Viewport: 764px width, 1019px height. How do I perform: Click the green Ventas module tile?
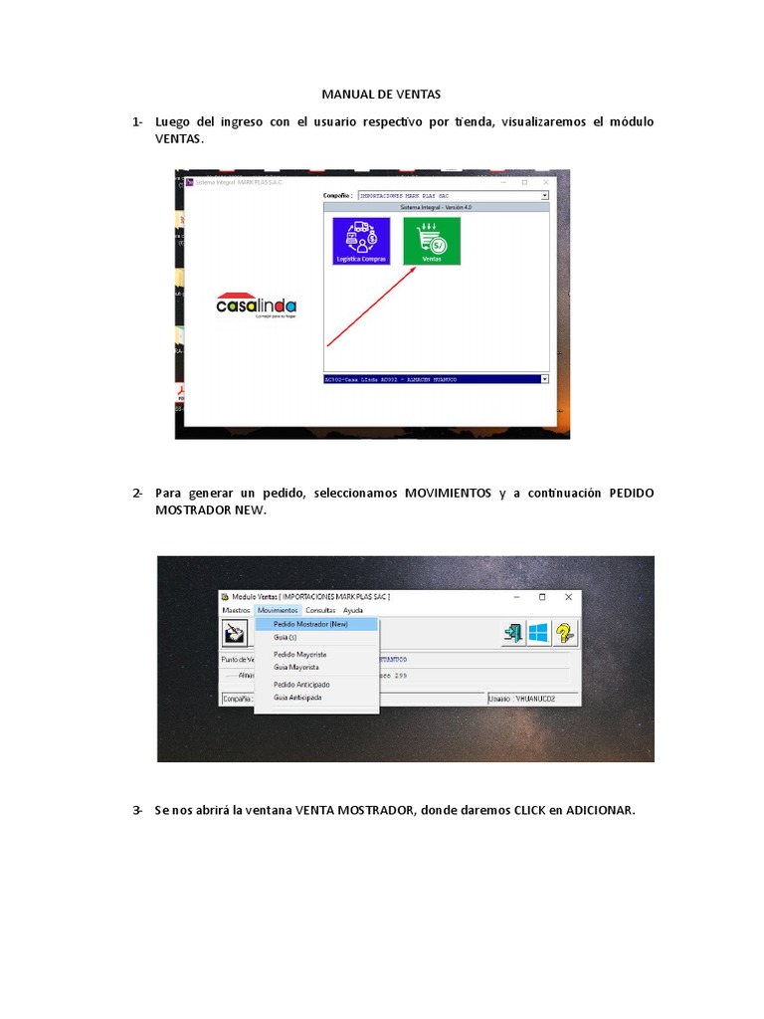tap(432, 241)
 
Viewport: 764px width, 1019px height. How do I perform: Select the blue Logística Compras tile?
tap(361, 241)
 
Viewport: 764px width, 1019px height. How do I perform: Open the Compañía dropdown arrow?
tap(545, 196)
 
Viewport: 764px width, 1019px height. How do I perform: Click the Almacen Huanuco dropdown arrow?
tap(545, 379)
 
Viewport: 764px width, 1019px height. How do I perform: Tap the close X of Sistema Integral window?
tap(546, 182)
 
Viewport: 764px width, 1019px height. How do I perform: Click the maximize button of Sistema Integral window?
tap(524, 182)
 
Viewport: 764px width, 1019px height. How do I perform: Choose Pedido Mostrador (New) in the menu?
tap(310, 624)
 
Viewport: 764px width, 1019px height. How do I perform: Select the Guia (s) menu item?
tap(286, 636)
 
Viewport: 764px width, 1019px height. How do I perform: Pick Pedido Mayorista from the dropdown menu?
tap(299, 654)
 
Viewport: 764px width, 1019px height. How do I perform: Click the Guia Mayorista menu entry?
tap(295, 667)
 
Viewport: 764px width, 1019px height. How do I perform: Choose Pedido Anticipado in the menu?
tap(301, 685)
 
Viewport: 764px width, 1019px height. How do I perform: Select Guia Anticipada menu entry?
tap(297, 698)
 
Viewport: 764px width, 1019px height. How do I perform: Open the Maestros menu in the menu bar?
tap(236, 610)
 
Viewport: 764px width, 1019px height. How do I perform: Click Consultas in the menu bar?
tap(320, 610)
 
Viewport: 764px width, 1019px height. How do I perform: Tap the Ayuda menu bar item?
tap(353, 610)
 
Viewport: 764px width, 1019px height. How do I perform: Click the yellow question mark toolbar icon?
tap(565, 633)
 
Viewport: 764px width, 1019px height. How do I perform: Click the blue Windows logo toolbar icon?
tap(539, 633)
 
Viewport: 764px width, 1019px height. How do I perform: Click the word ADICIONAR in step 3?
tap(599, 810)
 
